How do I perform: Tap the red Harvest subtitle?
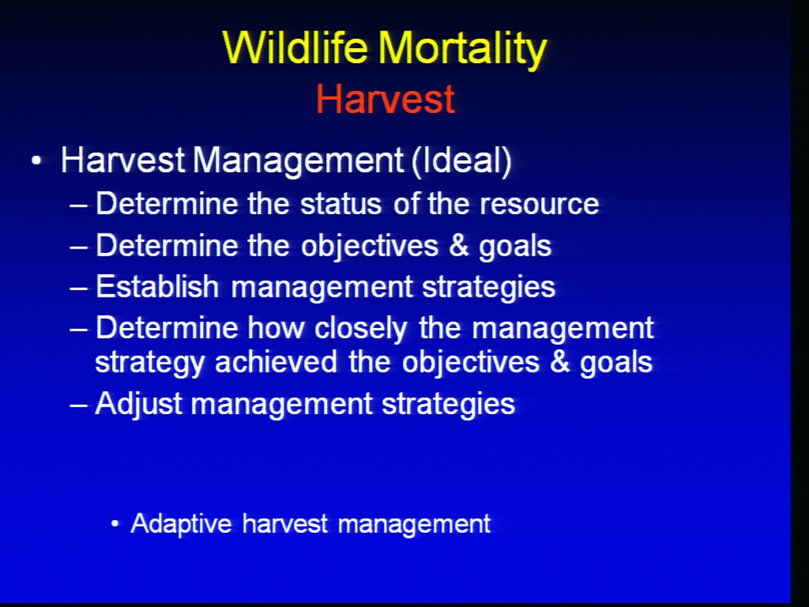pyautogui.click(x=385, y=99)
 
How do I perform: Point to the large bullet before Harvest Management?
pyautogui.click(x=36, y=161)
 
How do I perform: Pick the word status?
pyautogui.click(x=341, y=204)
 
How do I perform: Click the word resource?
pyautogui.click(x=539, y=205)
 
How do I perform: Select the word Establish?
pyautogui.click(x=158, y=287)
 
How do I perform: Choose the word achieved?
pyautogui.click(x=276, y=362)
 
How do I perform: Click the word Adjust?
pyautogui.click(x=139, y=405)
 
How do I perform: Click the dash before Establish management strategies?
pyautogui.click(x=78, y=288)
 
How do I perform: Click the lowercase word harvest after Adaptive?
pyautogui.click(x=285, y=524)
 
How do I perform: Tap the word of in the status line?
pyautogui.click(x=404, y=204)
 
